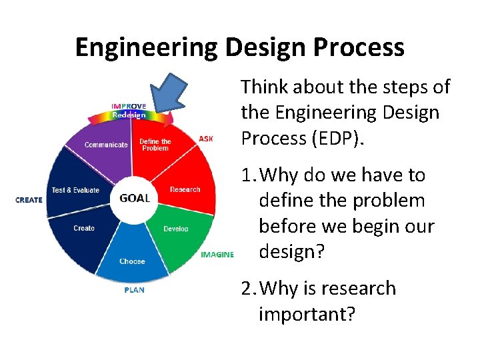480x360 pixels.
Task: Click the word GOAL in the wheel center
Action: click(134, 198)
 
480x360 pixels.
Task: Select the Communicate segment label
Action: click(106, 145)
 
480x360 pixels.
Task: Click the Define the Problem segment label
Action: click(155, 144)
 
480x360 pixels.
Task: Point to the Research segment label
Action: click(185, 189)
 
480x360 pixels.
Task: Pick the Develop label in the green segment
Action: click(176, 229)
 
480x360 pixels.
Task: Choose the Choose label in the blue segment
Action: click(132, 261)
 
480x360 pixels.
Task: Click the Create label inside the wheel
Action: click(84, 228)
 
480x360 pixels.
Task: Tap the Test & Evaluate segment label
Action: click(75, 190)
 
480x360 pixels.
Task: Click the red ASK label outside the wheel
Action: click(206, 139)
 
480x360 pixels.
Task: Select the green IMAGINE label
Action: click(217, 255)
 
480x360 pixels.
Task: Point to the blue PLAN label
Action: click(134, 290)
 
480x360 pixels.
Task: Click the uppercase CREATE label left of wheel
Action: click(29, 200)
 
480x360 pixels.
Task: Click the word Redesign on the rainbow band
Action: click(128, 114)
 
